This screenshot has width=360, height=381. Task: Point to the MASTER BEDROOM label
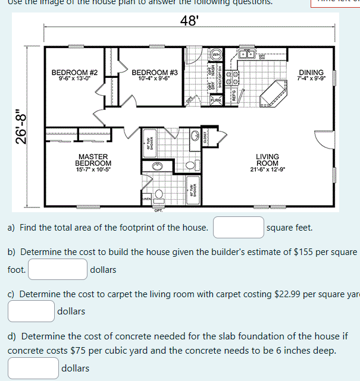93,160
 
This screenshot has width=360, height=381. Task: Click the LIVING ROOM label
267,160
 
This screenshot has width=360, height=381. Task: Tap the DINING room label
311,72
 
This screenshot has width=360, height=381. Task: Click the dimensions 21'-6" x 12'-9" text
267,169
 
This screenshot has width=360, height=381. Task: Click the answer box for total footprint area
239,228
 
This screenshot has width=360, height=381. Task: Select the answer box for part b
58,269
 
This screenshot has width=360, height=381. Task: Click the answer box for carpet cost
31,311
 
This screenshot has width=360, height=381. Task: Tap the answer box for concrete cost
33,368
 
